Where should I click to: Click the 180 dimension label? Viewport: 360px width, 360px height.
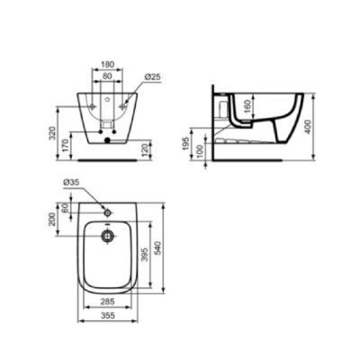[x=107, y=65]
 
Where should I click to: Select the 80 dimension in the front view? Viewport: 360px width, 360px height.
[x=107, y=76]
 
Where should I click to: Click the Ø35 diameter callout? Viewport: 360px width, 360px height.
[x=71, y=184]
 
